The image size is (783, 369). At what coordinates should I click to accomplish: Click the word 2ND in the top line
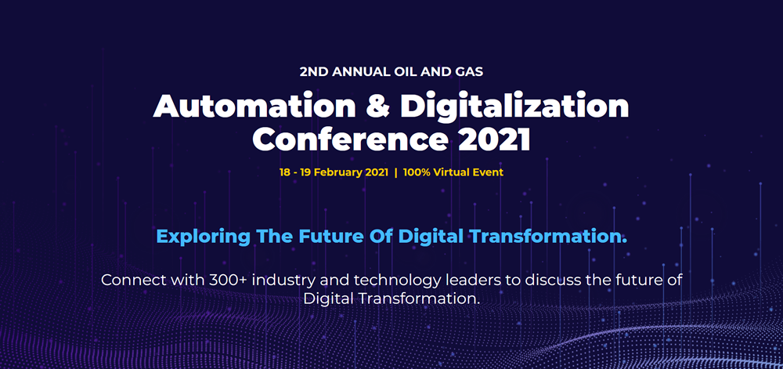coord(314,71)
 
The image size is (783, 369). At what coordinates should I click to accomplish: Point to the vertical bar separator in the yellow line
coord(395,173)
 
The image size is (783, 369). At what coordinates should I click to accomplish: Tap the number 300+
coord(227,280)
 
